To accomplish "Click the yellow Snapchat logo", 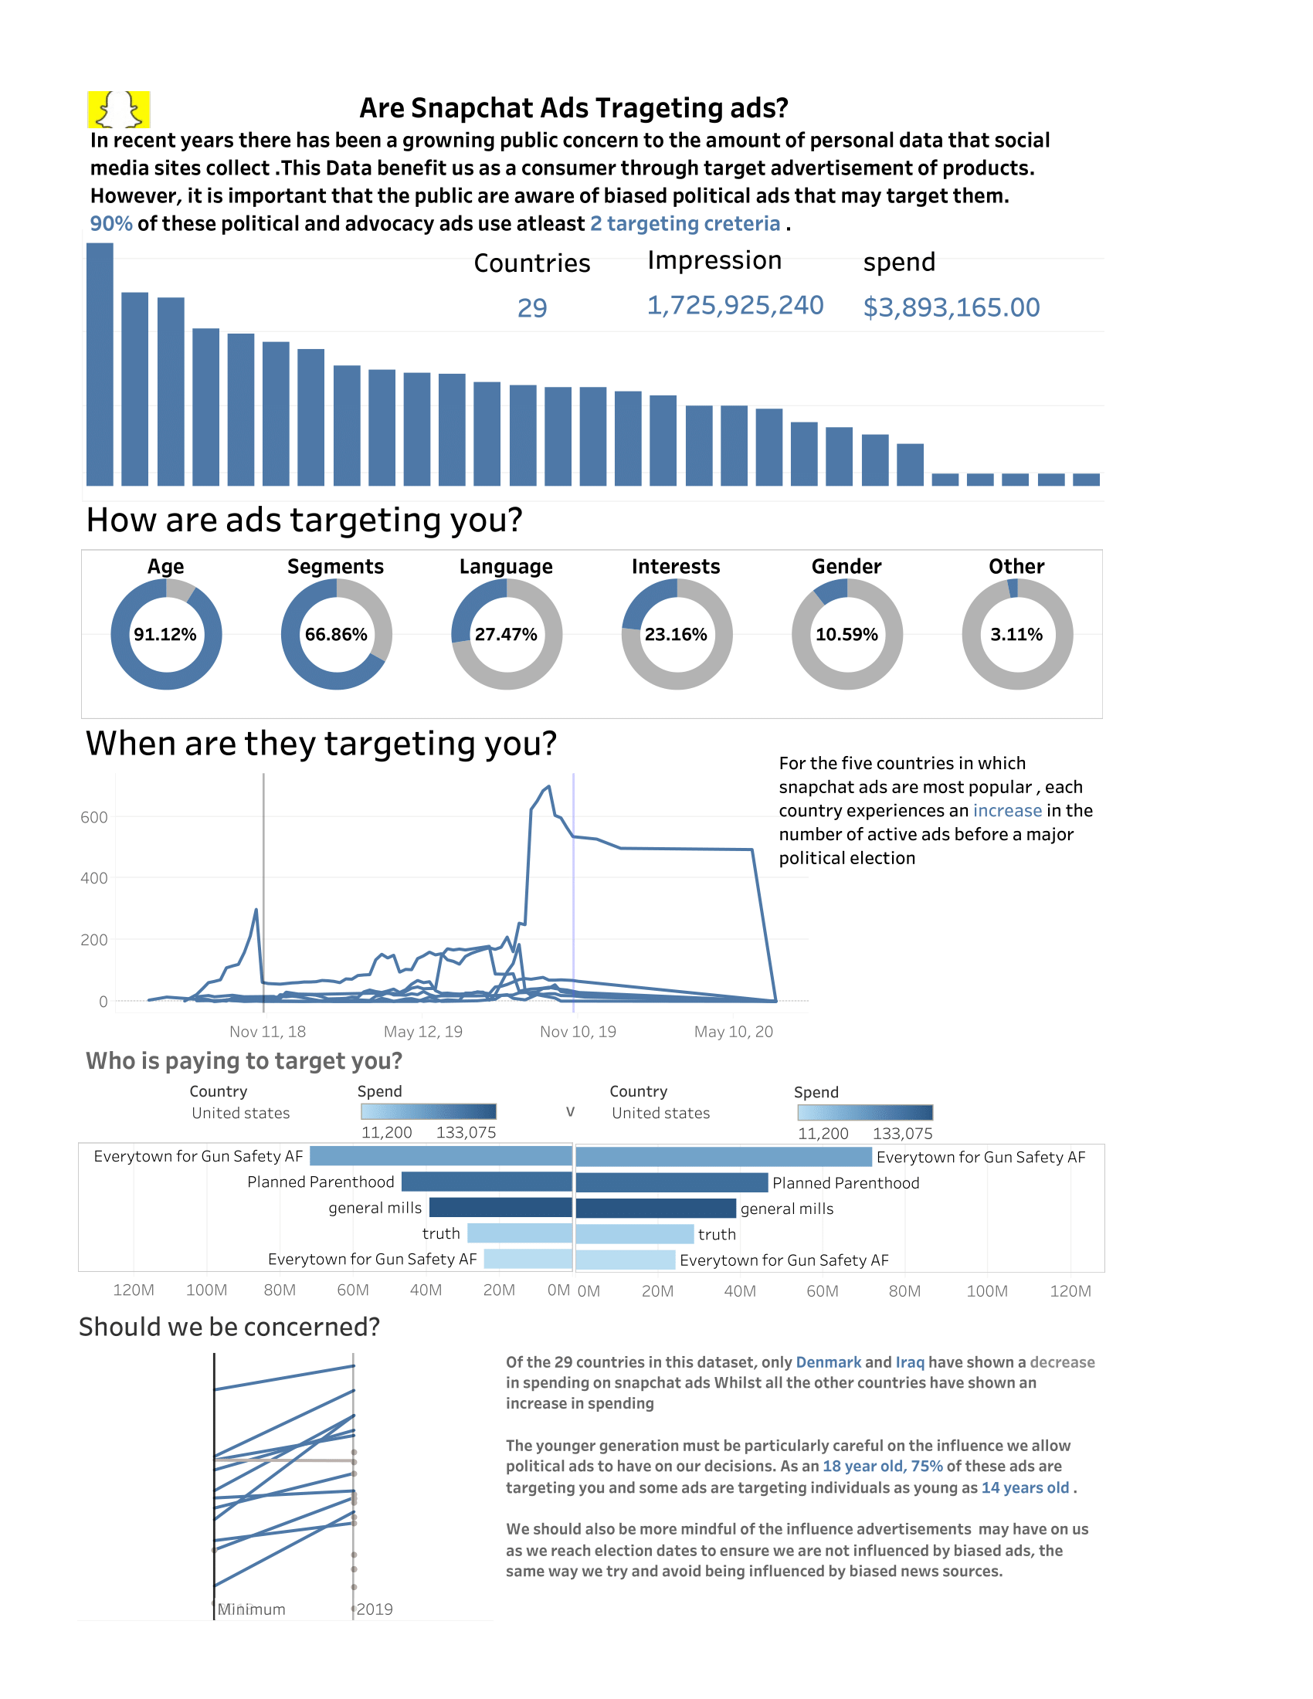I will [x=118, y=109].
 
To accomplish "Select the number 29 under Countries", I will [x=532, y=308].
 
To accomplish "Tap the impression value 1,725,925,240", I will [x=735, y=305].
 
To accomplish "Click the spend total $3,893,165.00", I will [x=951, y=307].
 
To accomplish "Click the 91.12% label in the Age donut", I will [x=165, y=634].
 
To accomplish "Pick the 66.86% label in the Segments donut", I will [x=335, y=634].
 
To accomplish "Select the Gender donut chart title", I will [x=846, y=566].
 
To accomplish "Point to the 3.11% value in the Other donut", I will [x=1016, y=634].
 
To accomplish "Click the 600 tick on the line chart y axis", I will [x=94, y=817].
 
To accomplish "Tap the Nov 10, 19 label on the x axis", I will [x=578, y=1032].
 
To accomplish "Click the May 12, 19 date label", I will [x=423, y=1032].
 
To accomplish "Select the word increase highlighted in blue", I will [x=1006, y=811].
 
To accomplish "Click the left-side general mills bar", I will [x=500, y=1207].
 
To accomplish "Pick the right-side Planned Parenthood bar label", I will [x=846, y=1182].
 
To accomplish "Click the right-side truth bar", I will [x=634, y=1234].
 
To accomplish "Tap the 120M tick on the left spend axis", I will [x=134, y=1290].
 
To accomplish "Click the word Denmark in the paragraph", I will [x=828, y=1362].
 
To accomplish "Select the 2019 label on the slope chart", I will [x=374, y=1609].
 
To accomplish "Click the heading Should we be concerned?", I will [x=229, y=1326].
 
